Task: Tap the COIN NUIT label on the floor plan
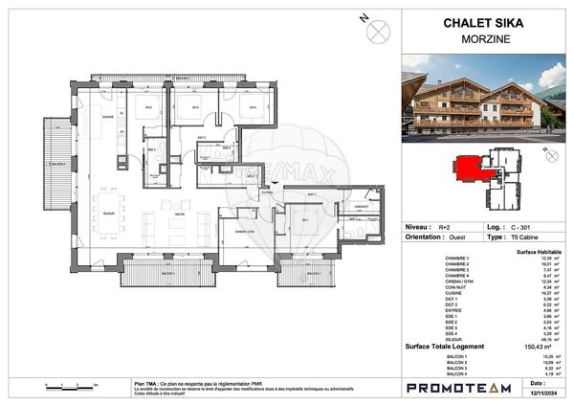tap(360, 207)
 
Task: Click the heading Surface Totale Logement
tap(444, 347)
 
